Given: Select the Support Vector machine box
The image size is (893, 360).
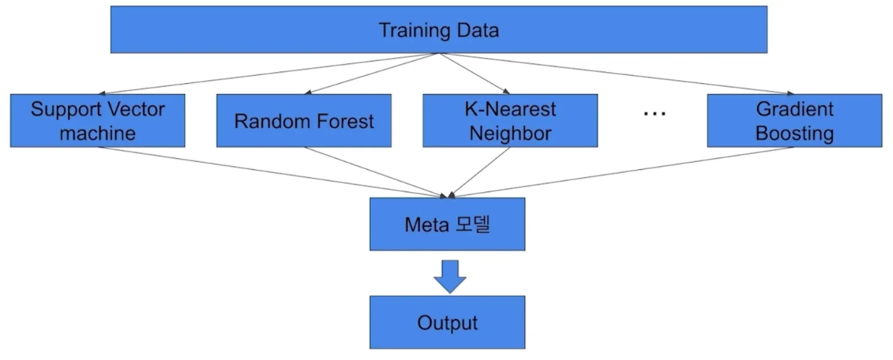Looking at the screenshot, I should click(98, 121).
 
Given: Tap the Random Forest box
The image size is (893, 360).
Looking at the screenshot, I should click(303, 121).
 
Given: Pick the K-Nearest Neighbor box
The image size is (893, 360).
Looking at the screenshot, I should click(510, 121).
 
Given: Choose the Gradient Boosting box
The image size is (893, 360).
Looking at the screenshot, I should click(794, 121).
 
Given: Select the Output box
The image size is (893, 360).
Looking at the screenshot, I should click(447, 322).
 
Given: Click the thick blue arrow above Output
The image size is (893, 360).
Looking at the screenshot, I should click(449, 275).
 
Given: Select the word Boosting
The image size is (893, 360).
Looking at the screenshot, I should click(794, 134).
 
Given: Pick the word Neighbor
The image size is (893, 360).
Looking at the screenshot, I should click(510, 134).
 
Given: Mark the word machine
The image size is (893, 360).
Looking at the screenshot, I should click(98, 134).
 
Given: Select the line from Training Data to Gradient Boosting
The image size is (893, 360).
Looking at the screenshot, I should click(614, 74).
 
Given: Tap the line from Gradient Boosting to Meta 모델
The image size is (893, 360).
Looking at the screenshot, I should click(621, 171).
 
